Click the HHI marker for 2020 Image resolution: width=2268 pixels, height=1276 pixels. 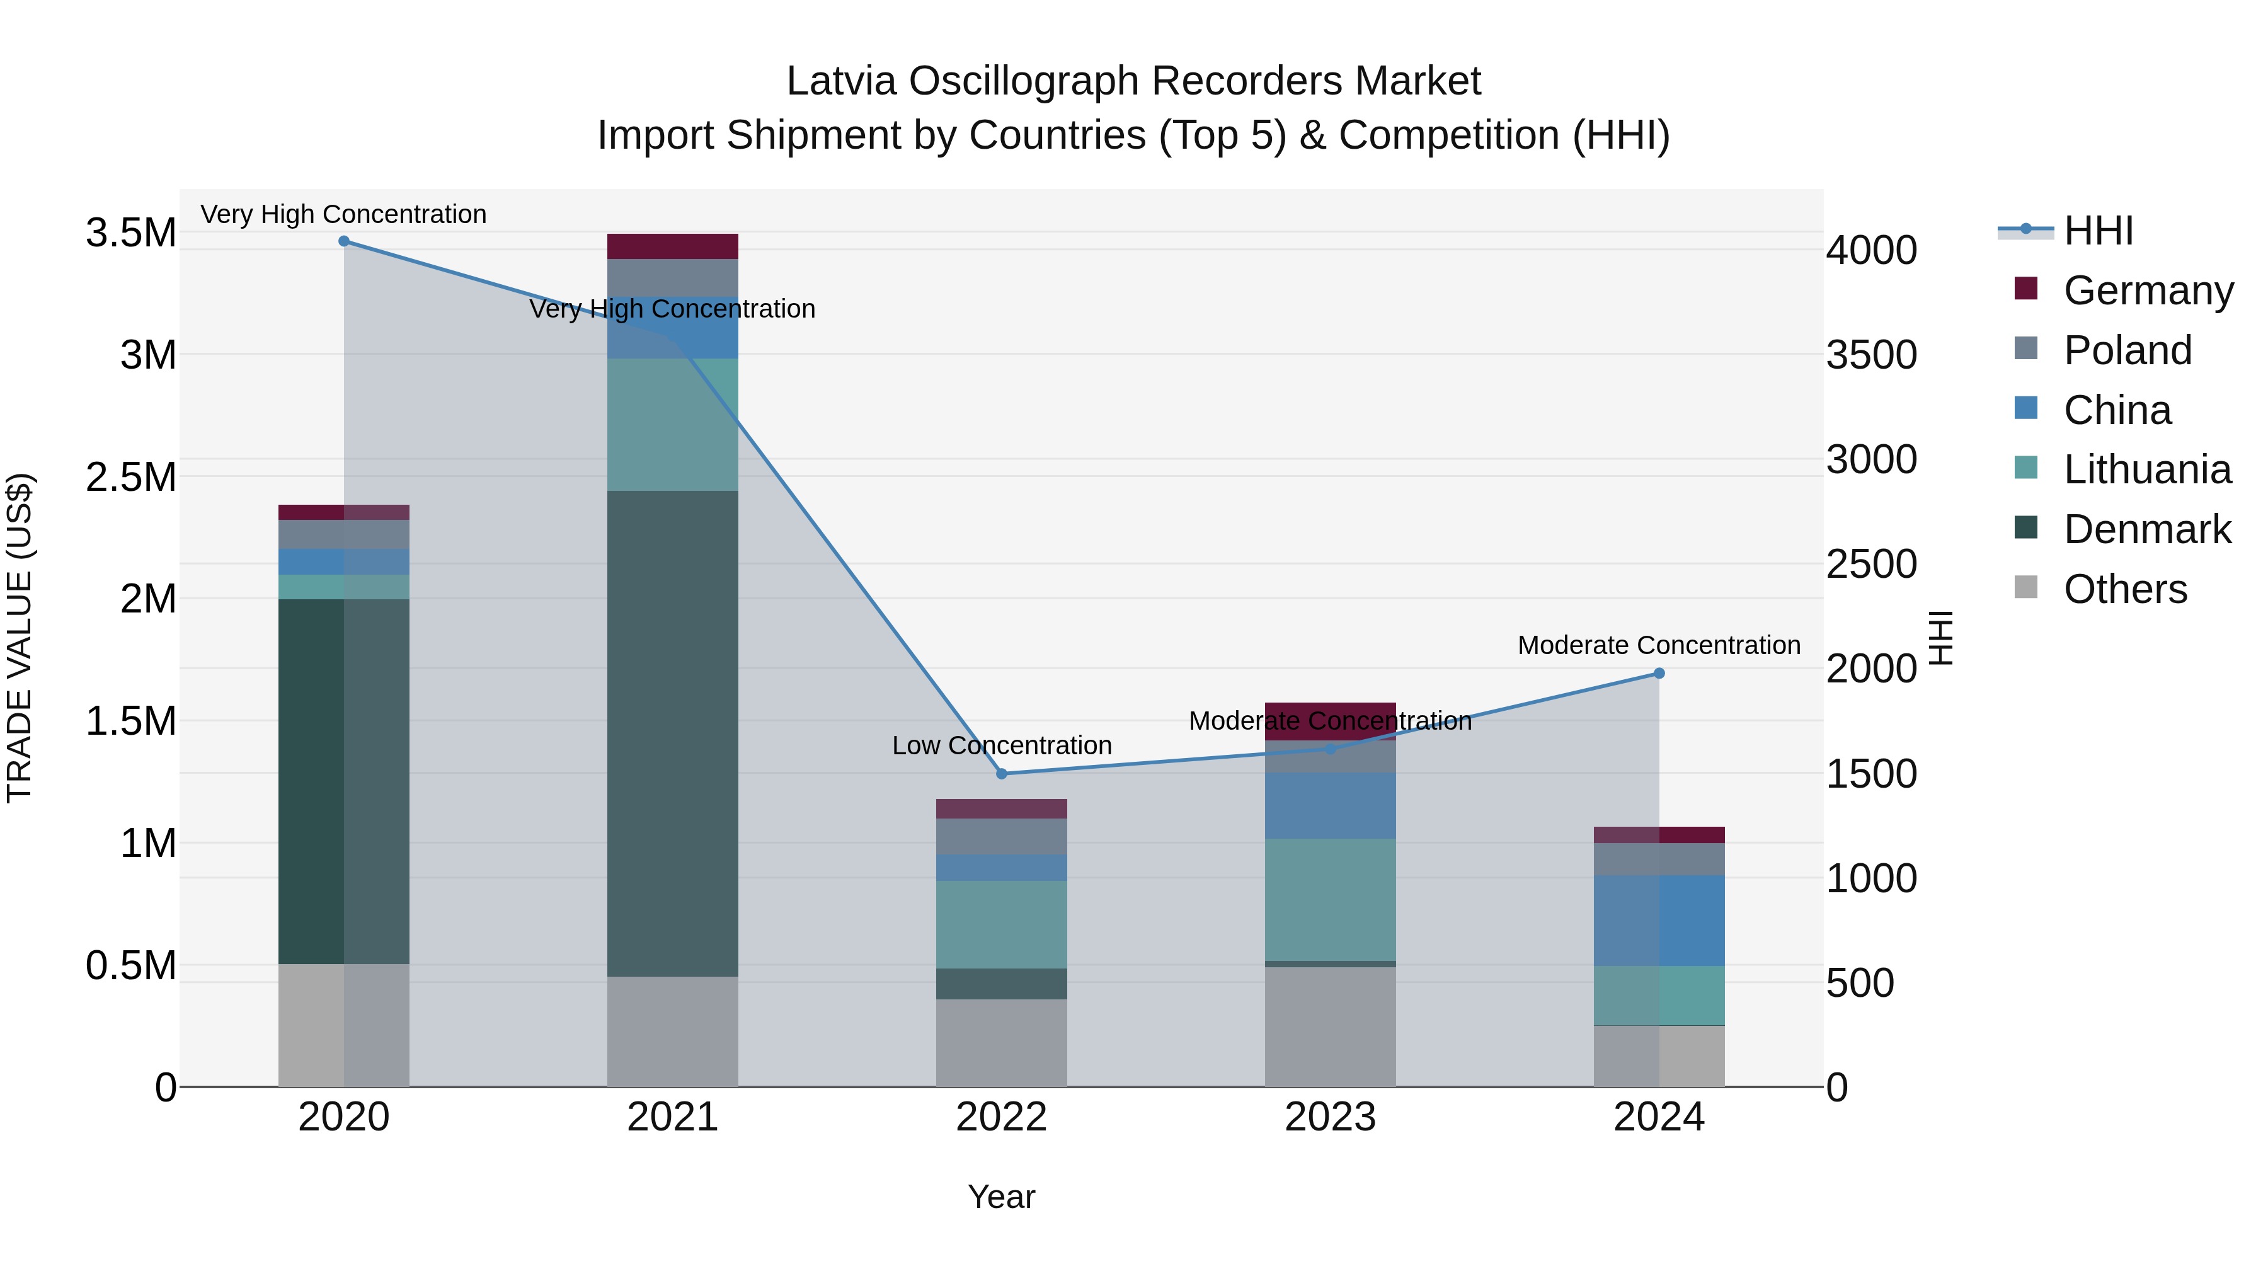pyautogui.click(x=344, y=241)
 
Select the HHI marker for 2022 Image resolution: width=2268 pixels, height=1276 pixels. pyautogui.click(x=1001, y=774)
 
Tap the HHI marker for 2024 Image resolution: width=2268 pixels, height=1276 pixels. pyautogui.click(x=1659, y=674)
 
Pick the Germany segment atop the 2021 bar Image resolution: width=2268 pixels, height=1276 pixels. pyautogui.click(x=673, y=246)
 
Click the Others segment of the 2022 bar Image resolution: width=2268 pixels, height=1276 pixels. pyautogui.click(x=1001, y=1043)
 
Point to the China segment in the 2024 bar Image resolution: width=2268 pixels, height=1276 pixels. pyautogui.click(x=1659, y=920)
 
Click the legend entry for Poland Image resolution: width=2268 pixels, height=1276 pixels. pyautogui.click(x=2127, y=350)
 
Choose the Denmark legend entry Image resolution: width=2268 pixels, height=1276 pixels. pyautogui.click(x=2146, y=530)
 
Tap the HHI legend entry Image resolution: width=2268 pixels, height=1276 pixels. pyautogui.click(x=2098, y=231)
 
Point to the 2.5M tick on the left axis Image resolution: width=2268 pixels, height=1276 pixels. pyautogui.click(x=130, y=477)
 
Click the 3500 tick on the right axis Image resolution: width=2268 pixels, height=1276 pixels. pyautogui.click(x=1871, y=355)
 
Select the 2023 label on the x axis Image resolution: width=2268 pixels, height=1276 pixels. pyautogui.click(x=1331, y=1117)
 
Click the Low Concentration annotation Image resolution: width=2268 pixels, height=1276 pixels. pyautogui.click(x=1001, y=746)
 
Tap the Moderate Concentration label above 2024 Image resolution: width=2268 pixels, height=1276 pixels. pyautogui.click(x=1659, y=645)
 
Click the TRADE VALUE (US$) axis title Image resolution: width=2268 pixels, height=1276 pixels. pyautogui.click(x=20, y=638)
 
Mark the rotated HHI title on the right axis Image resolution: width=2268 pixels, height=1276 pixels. pyautogui.click(x=1940, y=638)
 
